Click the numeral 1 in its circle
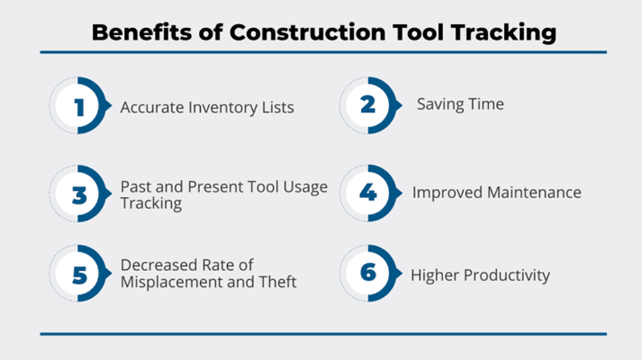[x=80, y=107]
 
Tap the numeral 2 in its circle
[x=367, y=105]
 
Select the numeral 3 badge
[x=80, y=195]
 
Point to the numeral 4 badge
[x=367, y=192]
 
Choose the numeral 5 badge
[x=80, y=275]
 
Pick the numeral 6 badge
[x=368, y=272]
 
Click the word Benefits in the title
[x=142, y=33]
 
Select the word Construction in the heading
[x=308, y=33]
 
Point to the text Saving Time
[x=460, y=104]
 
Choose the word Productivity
[x=506, y=275]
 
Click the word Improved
[x=447, y=193]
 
